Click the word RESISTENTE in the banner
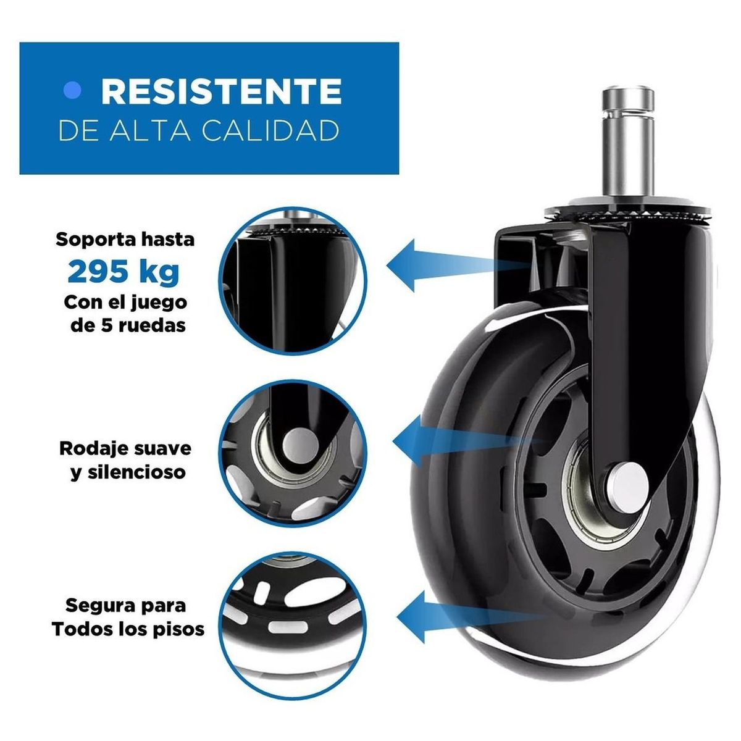(x=221, y=91)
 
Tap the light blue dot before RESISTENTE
(x=73, y=91)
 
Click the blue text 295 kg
(x=124, y=271)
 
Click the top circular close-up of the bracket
(x=294, y=280)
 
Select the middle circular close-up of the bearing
(x=294, y=453)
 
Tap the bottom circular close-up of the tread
(x=294, y=626)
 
